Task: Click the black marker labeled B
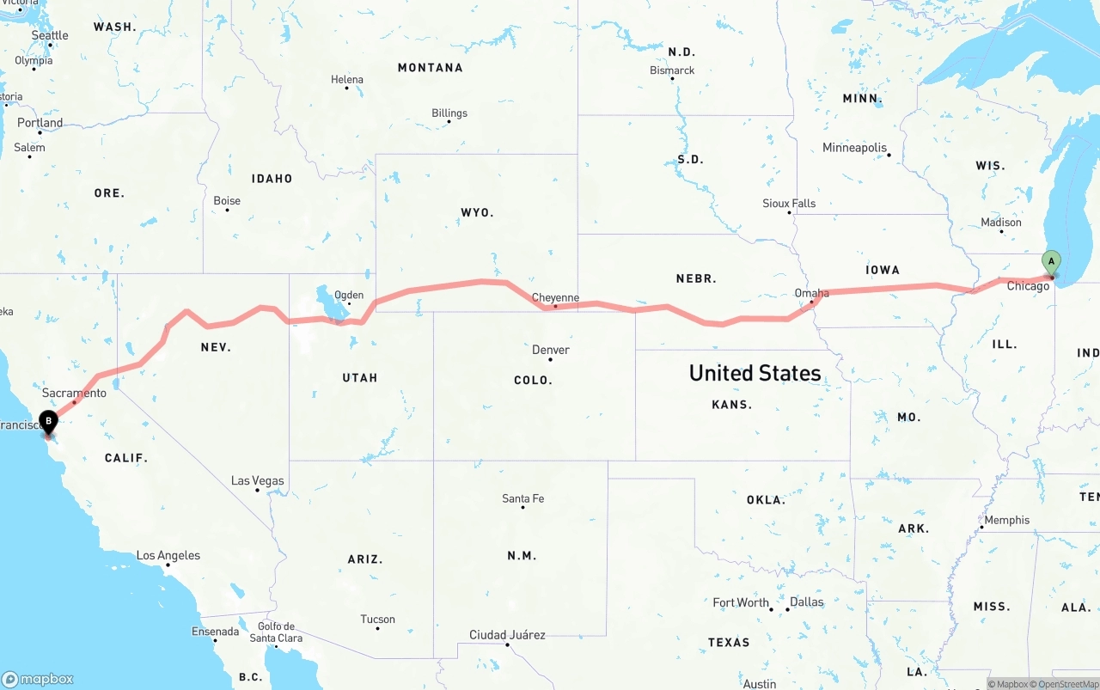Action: pyautogui.click(x=49, y=422)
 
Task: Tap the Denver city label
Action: pyautogui.click(x=550, y=350)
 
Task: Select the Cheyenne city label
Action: pyautogui.click(x=555, y=298)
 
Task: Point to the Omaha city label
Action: pyautogui.click(x=811, y=293)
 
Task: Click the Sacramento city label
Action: pyautogui.click(x=74, y=393)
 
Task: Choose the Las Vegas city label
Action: pyautogui.click(x=257, y=480)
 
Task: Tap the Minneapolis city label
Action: pyautogui.click(x=854, y=148)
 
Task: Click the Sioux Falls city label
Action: pyautogui.click(x=789, y=204)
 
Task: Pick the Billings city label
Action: pyautogui.click(x=449, y=113)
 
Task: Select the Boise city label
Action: pyautogui.click(x=227, y=201)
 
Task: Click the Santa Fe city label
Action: pyautogui.click(x=522, y=498)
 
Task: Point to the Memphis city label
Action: pyautogui.click(x=1006, y=520)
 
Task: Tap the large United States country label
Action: pyautogui.click(x=755, y=373)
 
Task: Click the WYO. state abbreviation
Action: pyautogui.click(x=477, y=212)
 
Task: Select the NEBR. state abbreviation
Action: pyautogui.click(x=696, y=278)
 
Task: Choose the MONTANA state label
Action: pyautogui.click(x=430, y=68)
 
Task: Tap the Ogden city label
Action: pyautogui.click(x=349, y=295)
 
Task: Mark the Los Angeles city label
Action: pyautogui.click(x=168, y=556)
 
